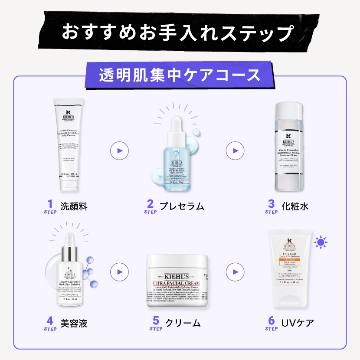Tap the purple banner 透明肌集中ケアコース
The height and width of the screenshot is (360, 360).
tap(180, 74)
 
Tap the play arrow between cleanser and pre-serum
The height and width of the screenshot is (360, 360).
tap(119, 151)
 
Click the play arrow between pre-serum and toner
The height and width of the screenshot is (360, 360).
tap(235, 151)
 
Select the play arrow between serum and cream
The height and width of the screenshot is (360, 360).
tap(119, 272)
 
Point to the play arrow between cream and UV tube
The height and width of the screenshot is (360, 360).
tap(235, 272)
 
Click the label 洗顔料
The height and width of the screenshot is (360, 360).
tap(74, 206)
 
